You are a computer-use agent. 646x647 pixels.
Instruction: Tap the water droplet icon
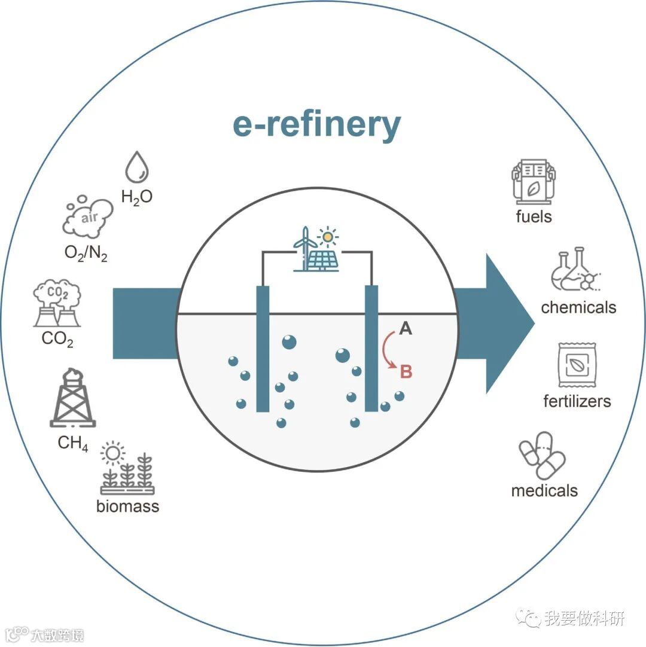[137, 167]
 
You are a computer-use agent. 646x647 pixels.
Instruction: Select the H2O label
[137, 197]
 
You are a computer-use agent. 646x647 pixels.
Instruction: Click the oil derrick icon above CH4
[72, 398]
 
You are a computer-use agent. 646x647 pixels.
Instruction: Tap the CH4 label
[73, 443]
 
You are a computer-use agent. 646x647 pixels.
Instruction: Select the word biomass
[128, 506]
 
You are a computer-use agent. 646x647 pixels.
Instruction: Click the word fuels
[534, 216]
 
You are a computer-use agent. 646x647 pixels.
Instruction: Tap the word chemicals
[578, 307]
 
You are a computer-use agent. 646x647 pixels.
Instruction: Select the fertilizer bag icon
[577, 365]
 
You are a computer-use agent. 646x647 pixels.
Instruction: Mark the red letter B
[406, 371]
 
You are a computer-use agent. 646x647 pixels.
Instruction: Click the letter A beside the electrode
[406, 328]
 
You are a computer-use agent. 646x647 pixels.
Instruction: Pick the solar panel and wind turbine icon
[316, 249]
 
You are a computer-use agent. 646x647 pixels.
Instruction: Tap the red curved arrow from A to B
[388, 350]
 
